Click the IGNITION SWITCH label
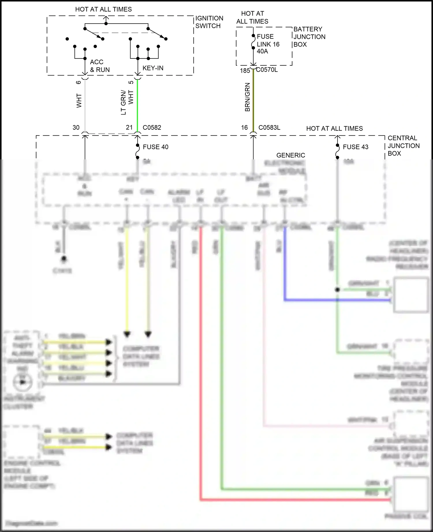(x=209, y=22)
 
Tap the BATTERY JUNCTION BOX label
(x=309, y=37)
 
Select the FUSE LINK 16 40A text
(x=268, y=44)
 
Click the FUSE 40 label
(x=155, y=147)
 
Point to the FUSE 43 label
(x=355, y=147)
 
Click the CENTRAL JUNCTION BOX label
(x=403, y=146)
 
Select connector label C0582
(x=152, y=128)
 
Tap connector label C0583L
(x=269, y=128)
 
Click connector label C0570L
(x=267, y=70)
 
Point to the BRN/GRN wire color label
(x=247, y=97)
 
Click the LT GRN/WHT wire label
(x=127, y=102)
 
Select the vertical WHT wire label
(x=79, y=101)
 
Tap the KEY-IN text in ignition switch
(x=153, y=68)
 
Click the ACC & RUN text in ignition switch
(x=100, y=66)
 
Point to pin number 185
(x=245, y=71)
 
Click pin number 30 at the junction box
(x=76, y=128)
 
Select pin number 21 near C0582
(x=129, y=128)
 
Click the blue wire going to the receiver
(x=332, y=300)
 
